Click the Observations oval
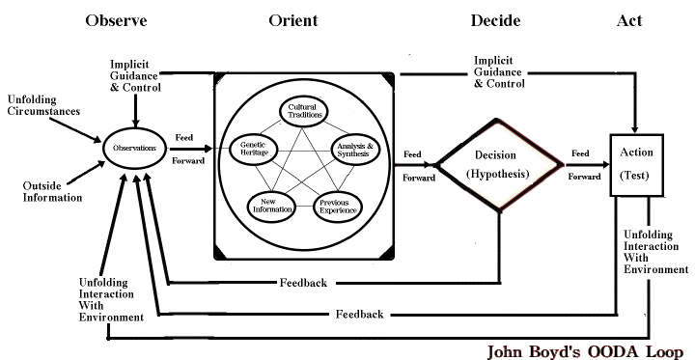[x=135, y=148]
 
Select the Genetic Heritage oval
[x=254, y=149]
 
